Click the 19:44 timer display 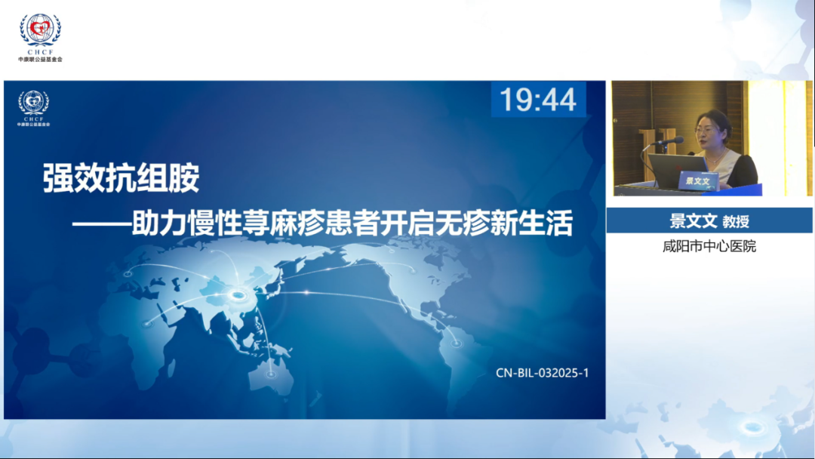tap(538, 100)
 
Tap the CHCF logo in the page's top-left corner tap(40, 37)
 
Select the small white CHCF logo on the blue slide tap(34, 108)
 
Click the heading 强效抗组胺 tap(121, 177)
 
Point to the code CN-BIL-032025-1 tap(542, 373)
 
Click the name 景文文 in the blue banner tap(693, 221)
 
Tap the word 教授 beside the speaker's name tap(736, 221)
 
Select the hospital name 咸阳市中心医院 tap(709, 246)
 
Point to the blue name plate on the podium tap(698, 180)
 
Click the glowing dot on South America tap(456, 343)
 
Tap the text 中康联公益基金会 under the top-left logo tap(40, 59)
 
